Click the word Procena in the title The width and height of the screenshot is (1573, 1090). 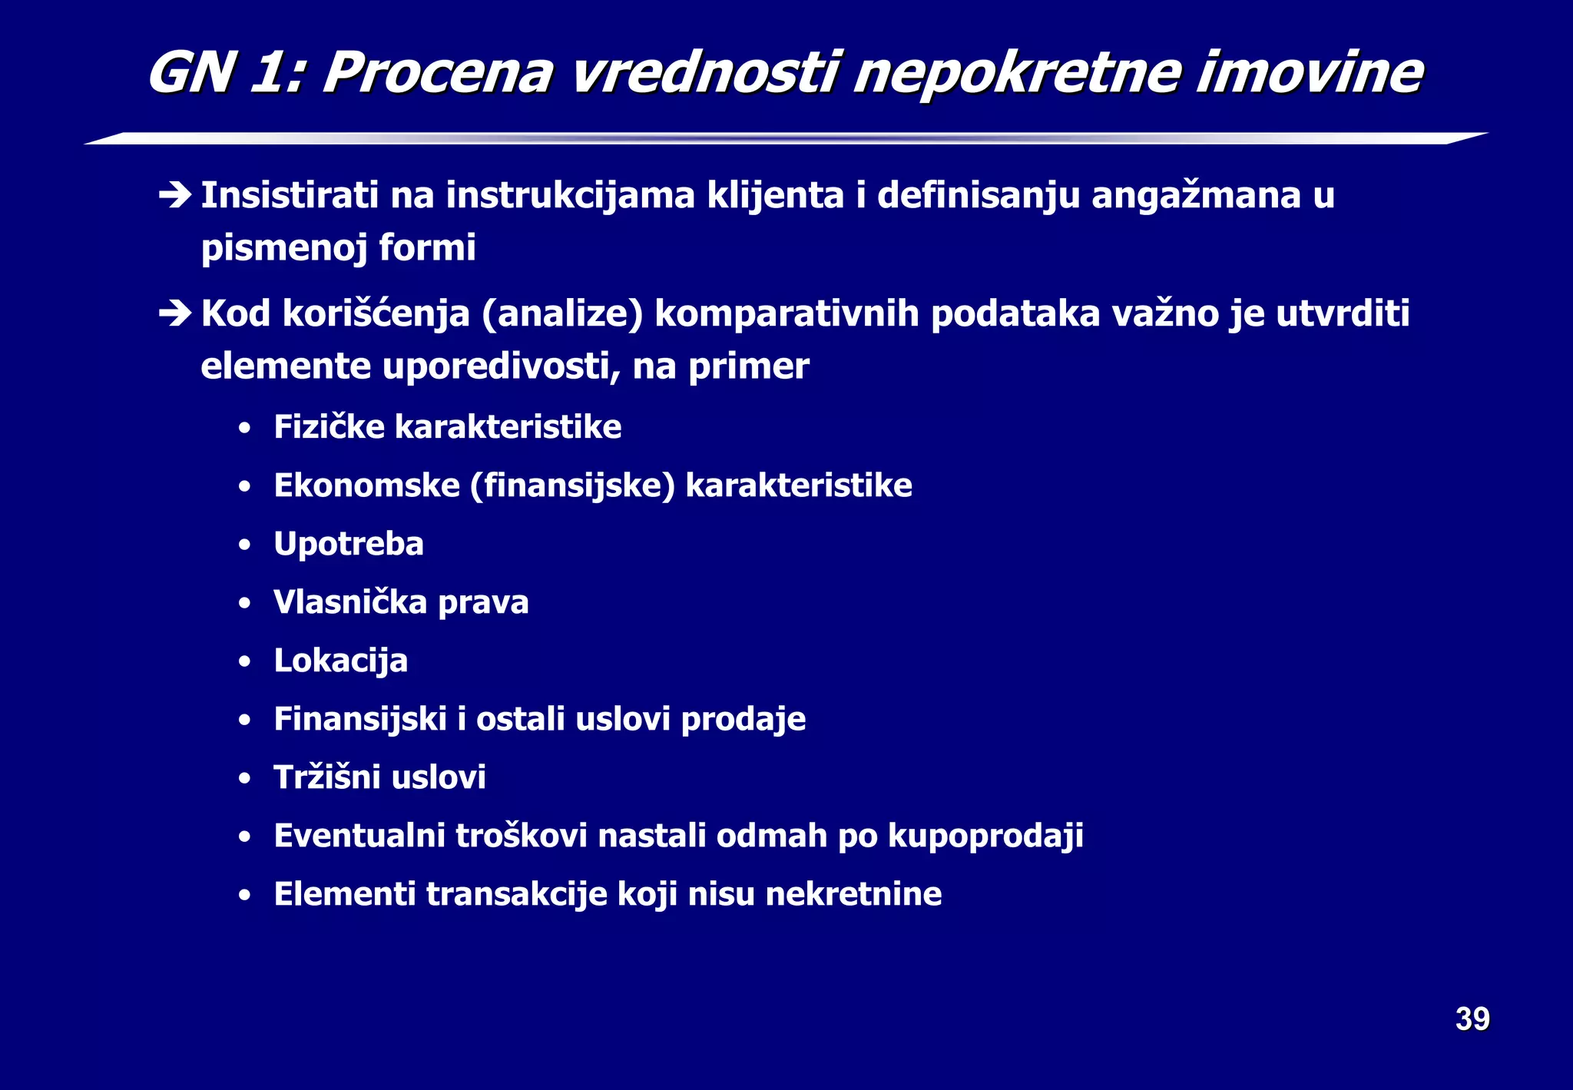point(437,74)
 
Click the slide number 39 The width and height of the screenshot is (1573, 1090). point(1472,1019)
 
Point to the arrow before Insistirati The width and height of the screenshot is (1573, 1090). point(175,195)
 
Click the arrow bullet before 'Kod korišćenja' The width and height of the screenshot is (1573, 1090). point(175,313)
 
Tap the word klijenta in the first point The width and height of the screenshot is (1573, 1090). point(775,195)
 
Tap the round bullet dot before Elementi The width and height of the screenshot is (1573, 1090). point(244,895)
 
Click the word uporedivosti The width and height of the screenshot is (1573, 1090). point(501,366)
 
